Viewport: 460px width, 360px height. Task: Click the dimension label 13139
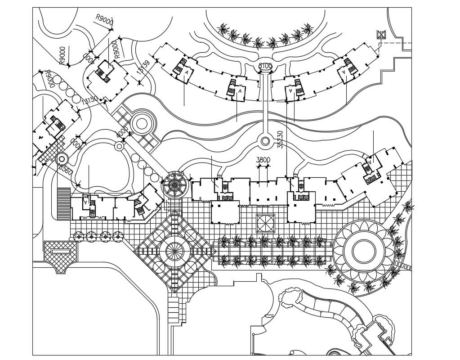pos(143,67)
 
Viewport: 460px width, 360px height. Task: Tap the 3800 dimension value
pos(263,160)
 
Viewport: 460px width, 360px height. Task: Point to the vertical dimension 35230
pos(280,139)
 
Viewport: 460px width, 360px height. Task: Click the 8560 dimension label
pos(65,170)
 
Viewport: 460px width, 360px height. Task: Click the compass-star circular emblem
pos(173,184)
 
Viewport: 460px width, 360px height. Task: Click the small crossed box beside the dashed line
pos(381,35)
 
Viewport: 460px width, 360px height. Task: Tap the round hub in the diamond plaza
pos(175,252)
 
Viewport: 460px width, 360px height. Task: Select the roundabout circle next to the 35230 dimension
pos(265,141)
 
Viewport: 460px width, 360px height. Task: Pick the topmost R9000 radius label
pos(104,20)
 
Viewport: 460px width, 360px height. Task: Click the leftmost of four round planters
pos(79,235)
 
